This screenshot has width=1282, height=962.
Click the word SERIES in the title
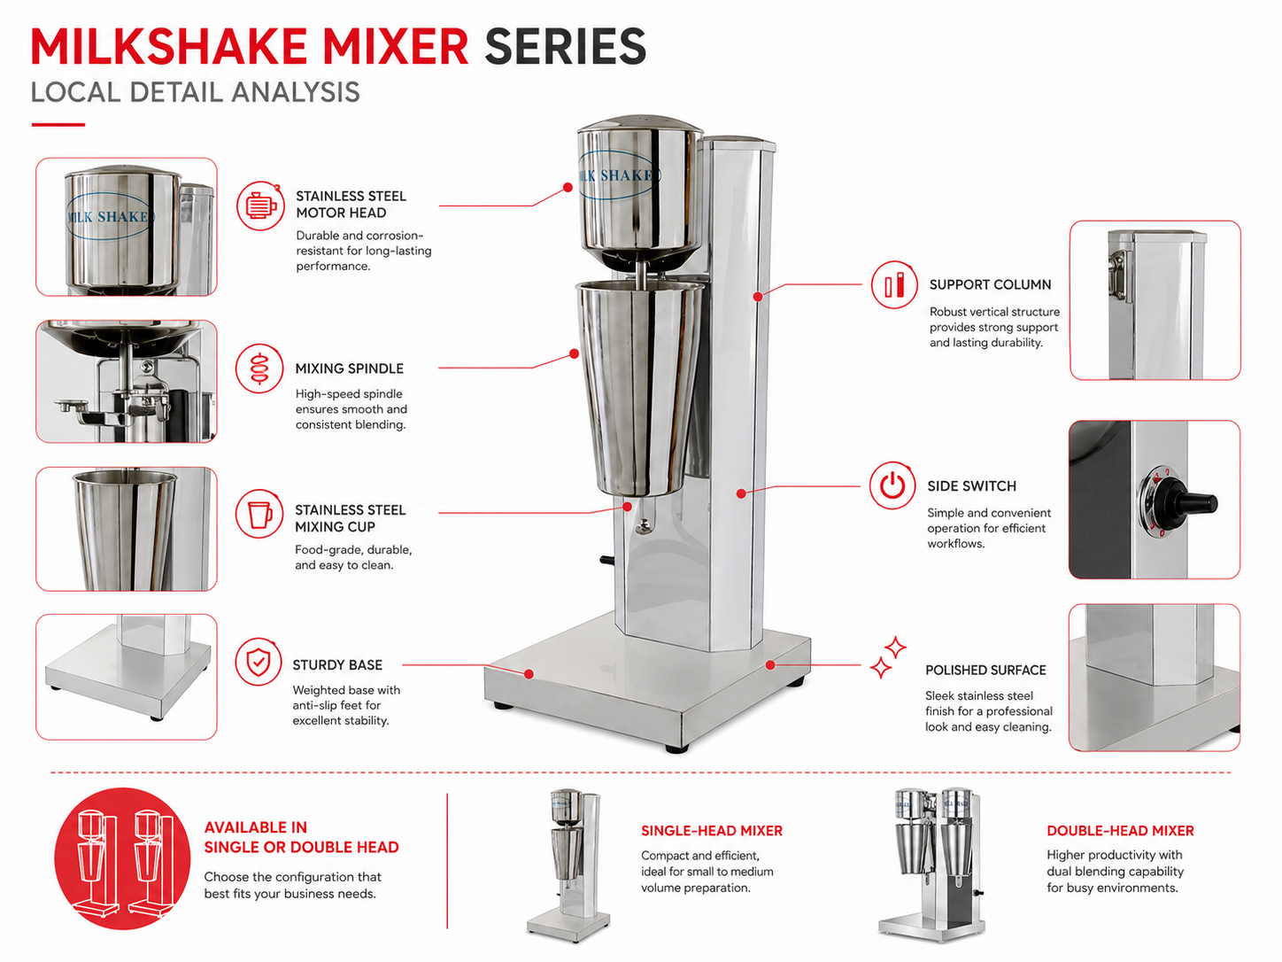[x=565, y=46]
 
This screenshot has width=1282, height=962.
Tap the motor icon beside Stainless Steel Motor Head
[x=260, y=206]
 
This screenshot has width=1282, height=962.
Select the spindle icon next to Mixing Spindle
[x=259, y=368]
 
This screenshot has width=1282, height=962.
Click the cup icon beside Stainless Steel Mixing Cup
[x=259, y=514]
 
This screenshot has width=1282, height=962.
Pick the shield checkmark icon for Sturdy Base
[x=259, y=662]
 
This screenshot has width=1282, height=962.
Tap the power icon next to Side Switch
[x=892, y=485]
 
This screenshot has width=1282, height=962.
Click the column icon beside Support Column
[x=894, y=285]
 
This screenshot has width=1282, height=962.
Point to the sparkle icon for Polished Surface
[x=888, y=657]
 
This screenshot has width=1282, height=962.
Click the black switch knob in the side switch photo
[x=1191, y=501]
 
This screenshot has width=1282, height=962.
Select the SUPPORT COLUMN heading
[x=990, y=285]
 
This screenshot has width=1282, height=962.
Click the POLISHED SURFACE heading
[x=985, y=670]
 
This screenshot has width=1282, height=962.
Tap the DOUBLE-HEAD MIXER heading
[x=1120, y=831]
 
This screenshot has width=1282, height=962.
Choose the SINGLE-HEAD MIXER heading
[x=711, y=831]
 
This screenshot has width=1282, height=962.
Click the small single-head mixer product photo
[x=568, y=865]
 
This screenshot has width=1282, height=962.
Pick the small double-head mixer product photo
[x=932, y=865]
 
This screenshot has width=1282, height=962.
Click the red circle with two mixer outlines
[x=122, y=858]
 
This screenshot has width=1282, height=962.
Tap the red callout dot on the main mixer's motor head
[x=568, y=188]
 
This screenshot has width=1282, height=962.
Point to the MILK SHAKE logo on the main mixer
[x=619, y=175]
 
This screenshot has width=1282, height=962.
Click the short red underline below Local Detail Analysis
[x=58, y=124]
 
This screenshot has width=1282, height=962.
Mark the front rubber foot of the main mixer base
[x=676, y=749]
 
